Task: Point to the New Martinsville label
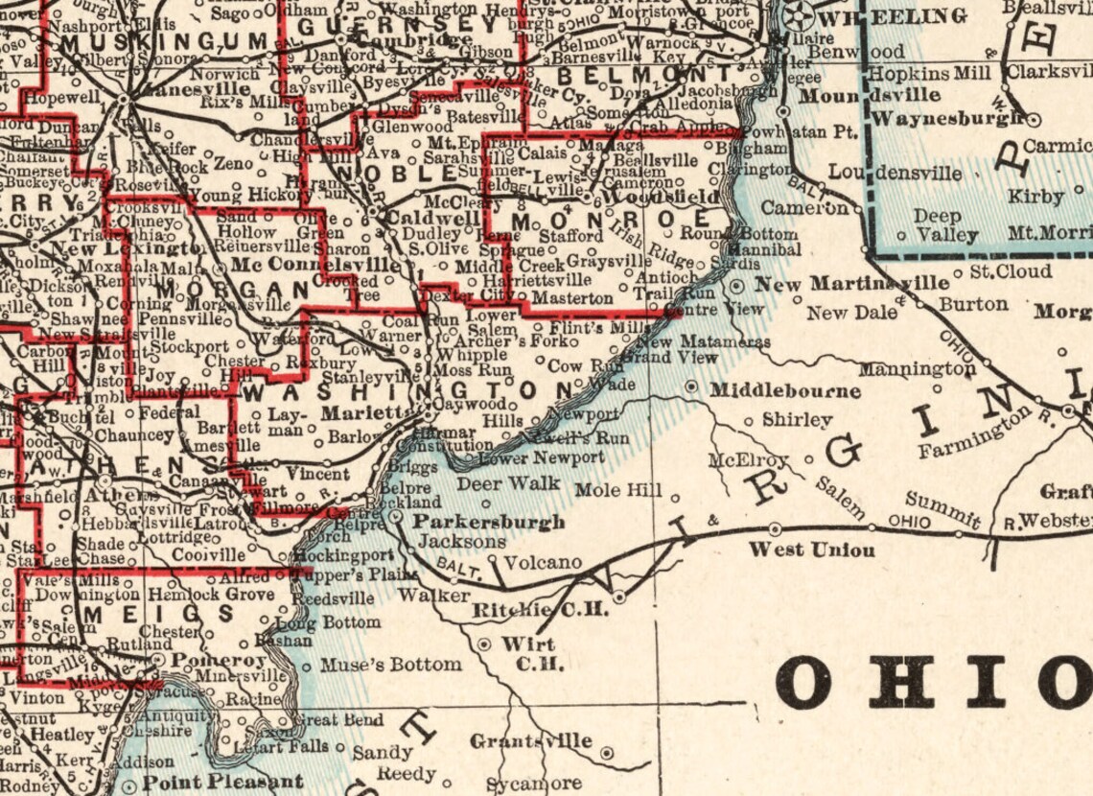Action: pos(851,284)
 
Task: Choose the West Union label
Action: pos(811,550)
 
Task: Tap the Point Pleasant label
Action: pos(222,783)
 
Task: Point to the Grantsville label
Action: pos(530,741)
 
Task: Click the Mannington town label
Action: pos(917,369)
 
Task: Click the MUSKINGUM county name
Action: pos(164,42)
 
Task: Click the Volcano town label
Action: pos(543,562)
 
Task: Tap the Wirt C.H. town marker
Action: pos(486,644)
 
